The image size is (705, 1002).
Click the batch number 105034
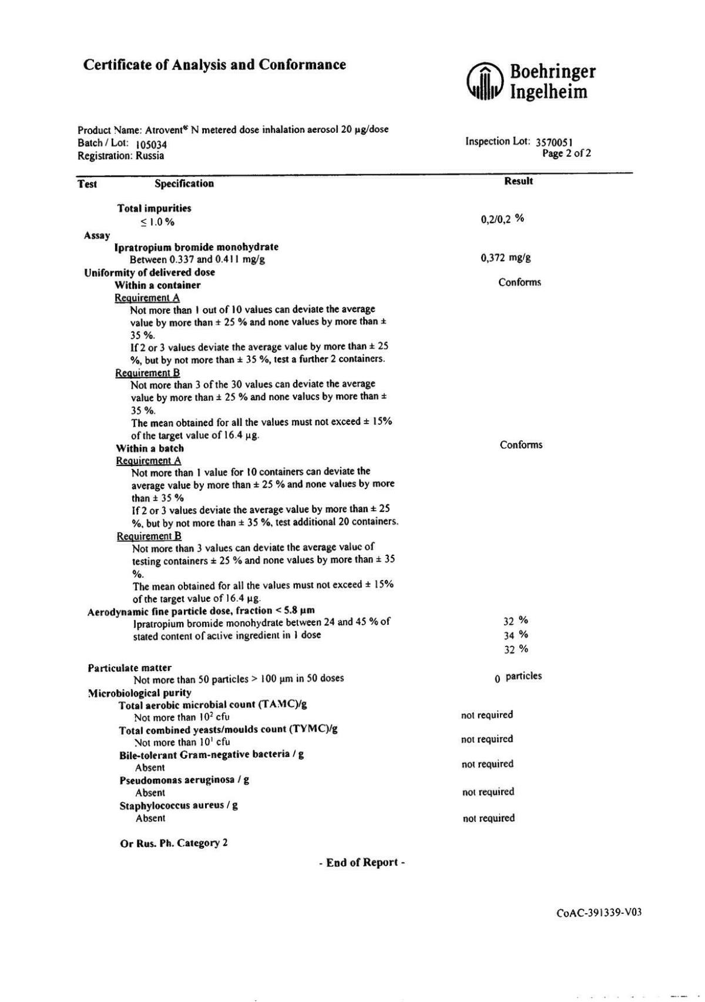tap(151, 144)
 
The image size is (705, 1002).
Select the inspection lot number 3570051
tap(555, 142)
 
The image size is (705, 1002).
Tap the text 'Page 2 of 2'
tap(566, 153)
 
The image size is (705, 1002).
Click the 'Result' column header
tap(518, 181)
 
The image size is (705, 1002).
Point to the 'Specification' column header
tap(184, 183)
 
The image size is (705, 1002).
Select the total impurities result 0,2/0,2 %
tap(502, 219)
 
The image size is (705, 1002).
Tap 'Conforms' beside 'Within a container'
tap(519, 282)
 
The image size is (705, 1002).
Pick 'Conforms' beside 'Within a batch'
tap(521, 445)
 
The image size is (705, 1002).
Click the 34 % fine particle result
tap(516, 635)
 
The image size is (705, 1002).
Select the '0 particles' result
tap(518, 676)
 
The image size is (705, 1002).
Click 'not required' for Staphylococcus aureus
tap(488, 818)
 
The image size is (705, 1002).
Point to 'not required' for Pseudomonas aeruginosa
tap(488, 792)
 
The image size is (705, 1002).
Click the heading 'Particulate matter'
tap(130, 668)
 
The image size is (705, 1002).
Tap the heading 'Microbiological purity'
tap(140, 692)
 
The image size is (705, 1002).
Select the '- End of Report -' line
tap(362, 863)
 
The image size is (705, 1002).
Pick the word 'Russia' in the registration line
tap(150, 156)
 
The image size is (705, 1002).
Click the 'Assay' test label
tap(97, 236)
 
